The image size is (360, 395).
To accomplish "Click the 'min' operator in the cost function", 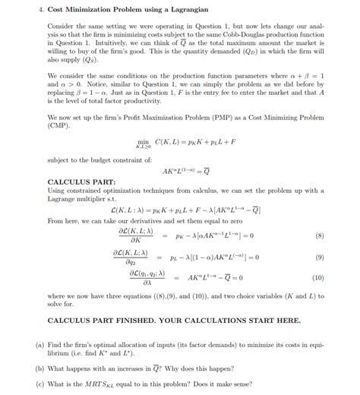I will (x=142, y=141).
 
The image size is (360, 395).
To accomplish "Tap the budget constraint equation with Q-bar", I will (x=179, y=172).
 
